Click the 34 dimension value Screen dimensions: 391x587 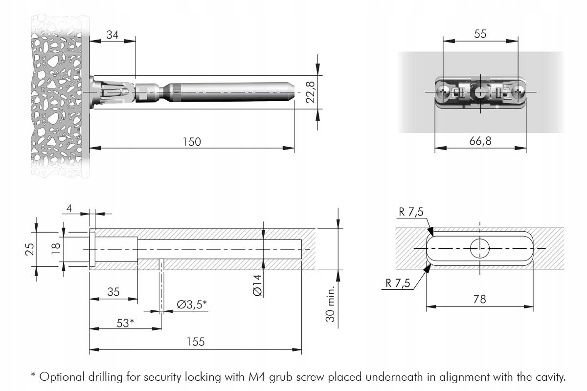click(x=112, y=35)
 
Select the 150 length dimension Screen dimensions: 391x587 click(x=191, y=142)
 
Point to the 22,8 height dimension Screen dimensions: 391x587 click(x=311, y=92)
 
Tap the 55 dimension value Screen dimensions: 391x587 click(x=480, y=34)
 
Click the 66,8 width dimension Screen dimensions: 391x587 click(x=480, y=141)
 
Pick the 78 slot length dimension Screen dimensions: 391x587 click(x=480, y=299)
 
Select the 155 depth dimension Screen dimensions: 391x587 click(x=195, y=342)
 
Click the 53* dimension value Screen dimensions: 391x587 click(x=125, y=323)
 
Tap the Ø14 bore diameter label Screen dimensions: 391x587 click(x=258, y=284)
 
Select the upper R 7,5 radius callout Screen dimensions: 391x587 click(x=411, y=212)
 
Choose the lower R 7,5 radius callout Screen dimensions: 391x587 click(x=397, y=283)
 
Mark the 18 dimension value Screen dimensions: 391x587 click(x=56, y=248)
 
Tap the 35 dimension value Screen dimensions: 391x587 click(x=113, y=292)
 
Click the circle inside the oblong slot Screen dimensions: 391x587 click(x=480, y=248)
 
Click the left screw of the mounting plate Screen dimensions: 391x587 click(x=444, y=92)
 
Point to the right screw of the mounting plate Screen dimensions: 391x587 click(x=518, y=92)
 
